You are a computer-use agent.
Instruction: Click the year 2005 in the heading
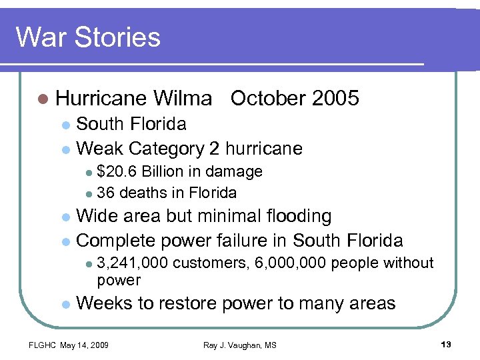(x=335, y=99)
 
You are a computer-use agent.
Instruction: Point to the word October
(x=267, y=99)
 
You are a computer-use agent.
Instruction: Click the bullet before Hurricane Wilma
(x=44, y=99)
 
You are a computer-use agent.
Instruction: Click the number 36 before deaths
(x=105, y=193)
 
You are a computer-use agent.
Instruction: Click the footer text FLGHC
(x=42, y=345)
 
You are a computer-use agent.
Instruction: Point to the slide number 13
(x=446, y=344)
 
